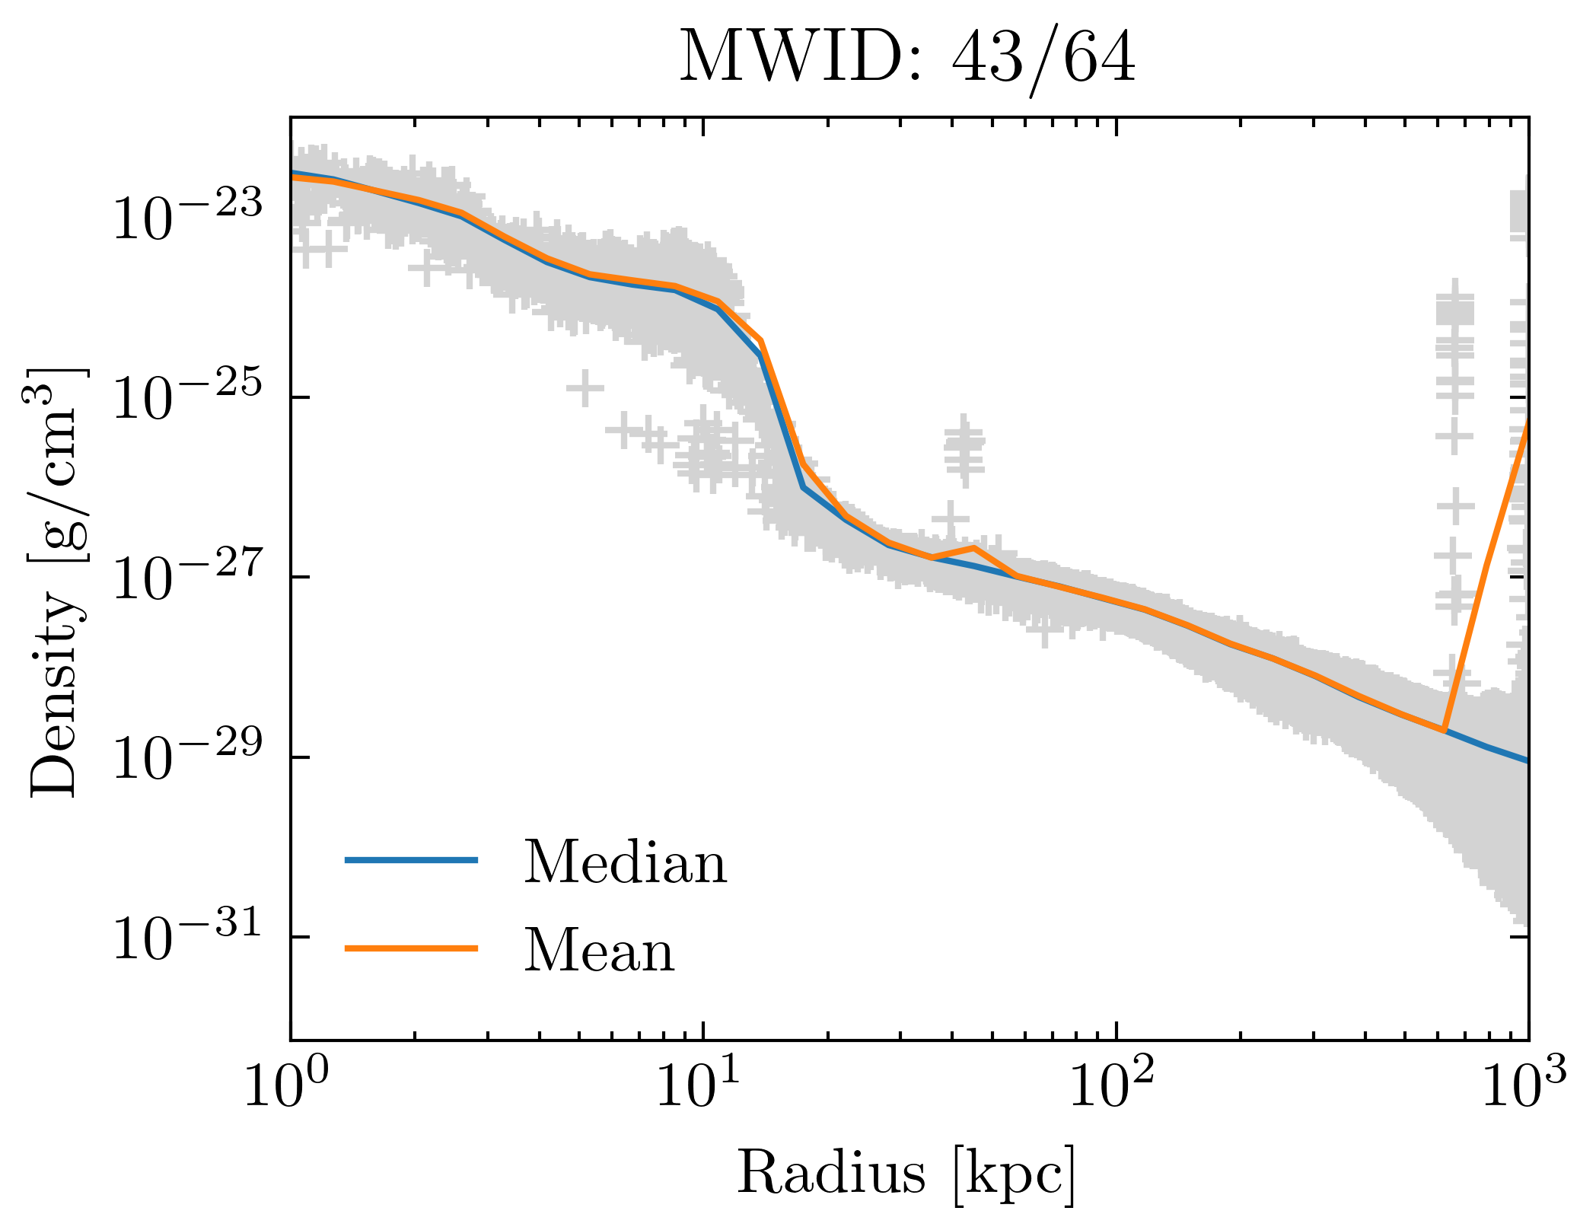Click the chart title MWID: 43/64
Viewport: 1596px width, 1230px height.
point(907,59)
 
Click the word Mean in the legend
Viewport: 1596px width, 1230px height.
point(599,951)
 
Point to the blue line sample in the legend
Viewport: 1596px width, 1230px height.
point(411,860)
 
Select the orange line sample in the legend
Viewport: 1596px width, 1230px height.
point(411,948)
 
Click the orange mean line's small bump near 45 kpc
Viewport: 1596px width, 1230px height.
point(973,547)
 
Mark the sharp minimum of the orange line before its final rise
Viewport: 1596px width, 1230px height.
point(1443,730)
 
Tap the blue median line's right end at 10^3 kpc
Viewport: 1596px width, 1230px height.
point(1525,760)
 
